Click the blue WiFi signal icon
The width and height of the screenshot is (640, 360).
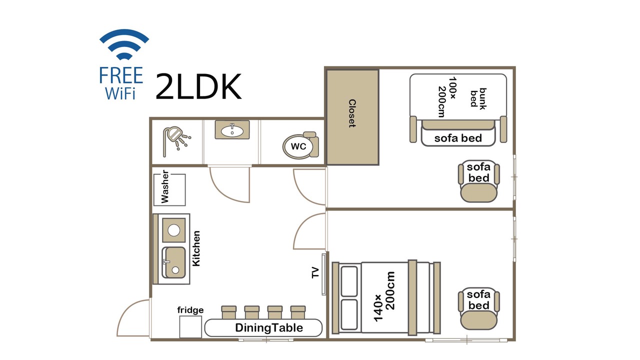tap(124, 44)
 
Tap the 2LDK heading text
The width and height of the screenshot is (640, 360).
tap(198, 86)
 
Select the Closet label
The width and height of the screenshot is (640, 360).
tap(352, 113)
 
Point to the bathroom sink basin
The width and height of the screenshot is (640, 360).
tap(232, 131)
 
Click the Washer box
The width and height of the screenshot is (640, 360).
tap(169, 189)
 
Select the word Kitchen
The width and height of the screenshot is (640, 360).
tap(196, 248)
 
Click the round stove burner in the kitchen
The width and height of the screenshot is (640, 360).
tap(173, 230)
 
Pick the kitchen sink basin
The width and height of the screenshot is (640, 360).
tap(173, 262)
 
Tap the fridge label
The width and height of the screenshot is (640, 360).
tap(190, 310)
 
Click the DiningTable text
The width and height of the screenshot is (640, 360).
tap(269, 327)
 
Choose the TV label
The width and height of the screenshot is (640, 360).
tap(315, 272)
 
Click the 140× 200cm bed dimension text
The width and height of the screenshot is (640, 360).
tap(384, 296)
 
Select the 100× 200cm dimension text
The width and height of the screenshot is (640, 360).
tap(447, 97)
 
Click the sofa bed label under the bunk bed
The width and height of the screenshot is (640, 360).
tap(458, 138)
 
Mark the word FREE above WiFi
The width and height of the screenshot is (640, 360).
tap(121, 75)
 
